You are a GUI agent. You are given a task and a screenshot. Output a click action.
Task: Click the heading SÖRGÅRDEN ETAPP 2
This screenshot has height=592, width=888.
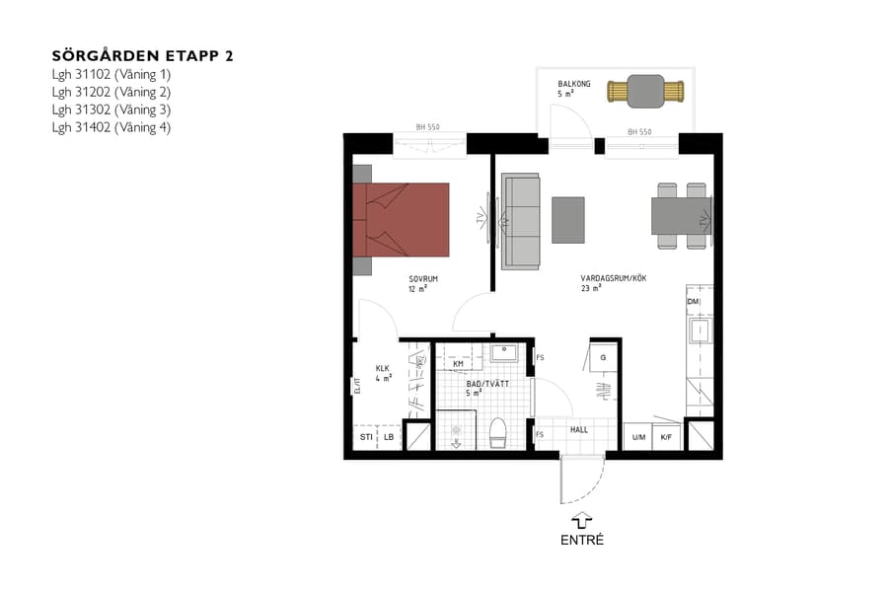pyautogui.click(x=141, y=55)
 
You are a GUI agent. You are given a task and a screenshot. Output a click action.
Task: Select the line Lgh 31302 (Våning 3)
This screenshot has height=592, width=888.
pyautogui.click(x=111, y=109)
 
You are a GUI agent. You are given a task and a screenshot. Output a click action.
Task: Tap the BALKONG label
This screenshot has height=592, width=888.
pyautogui.click(x=573, y=85)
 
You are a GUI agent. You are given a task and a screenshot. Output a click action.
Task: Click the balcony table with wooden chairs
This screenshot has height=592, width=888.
pyautogui.click(x=645, y=92)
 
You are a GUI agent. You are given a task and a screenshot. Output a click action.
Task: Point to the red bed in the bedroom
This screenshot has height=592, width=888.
pyautogui.click(x=406, y=219)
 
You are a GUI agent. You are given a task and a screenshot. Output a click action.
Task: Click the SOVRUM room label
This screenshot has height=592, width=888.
pyautogui.click(x=422, y=279)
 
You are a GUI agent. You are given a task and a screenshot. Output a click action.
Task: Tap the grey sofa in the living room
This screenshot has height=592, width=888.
pyautogui.click(x=521, y=220)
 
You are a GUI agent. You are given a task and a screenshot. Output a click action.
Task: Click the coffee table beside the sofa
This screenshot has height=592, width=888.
pyautogui.click(x=567, y=219)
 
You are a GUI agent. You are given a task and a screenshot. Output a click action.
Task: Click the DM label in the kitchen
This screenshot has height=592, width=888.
pyautogui.click(x=693, y=301)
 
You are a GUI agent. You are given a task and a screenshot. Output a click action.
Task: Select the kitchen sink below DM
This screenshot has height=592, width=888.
pyautogui.click(x=700, y=331)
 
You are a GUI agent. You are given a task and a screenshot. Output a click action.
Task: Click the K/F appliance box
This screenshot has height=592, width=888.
pyautogui.click(x=667, y=436)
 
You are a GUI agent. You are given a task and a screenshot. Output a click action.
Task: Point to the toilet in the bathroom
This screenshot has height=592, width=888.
pyautogui.click(x=497, y=432)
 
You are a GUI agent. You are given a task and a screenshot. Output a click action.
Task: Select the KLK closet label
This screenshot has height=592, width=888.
pyautogui.click(x=383, y=369)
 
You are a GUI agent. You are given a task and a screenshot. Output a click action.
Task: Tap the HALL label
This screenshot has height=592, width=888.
pyautogui.click(x=578, y=429)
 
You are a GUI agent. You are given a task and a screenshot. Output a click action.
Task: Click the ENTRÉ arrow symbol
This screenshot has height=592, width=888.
pyautogui.click(x=581, y=519)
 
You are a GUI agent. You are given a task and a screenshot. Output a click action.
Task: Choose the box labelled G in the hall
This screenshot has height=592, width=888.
pyautogui.click(x=603, y=357)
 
